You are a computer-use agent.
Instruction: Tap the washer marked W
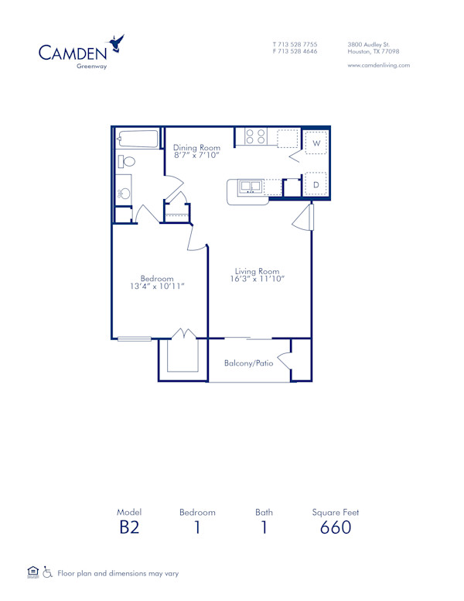pos(316,143)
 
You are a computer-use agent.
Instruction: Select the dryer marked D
pos(316,184)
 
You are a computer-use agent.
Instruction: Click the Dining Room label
pos(196,148)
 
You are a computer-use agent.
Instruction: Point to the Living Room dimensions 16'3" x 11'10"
pos(257,279)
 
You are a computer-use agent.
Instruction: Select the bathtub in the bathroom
pos(138,139)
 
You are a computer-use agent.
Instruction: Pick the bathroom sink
pos(124,194)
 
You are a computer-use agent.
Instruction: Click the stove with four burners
pos(256,137)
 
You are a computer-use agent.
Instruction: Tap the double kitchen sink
pos(251,187)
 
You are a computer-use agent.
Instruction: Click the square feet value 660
pos(336,528)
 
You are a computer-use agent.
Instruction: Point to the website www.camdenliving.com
pos(379,66)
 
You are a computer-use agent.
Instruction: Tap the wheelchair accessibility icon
pos(48,573)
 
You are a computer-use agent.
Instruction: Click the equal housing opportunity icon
pos(32,572)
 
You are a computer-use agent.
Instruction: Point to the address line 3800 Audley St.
pos(368,44)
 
